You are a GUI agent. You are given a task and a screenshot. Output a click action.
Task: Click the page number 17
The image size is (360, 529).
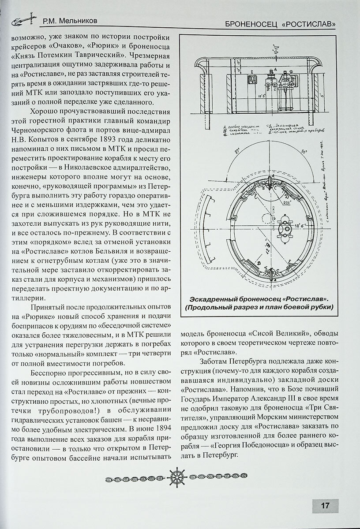click(x=325, y=506)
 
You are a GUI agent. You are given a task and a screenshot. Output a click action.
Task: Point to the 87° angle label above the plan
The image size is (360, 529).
click(x=236, y=153)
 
